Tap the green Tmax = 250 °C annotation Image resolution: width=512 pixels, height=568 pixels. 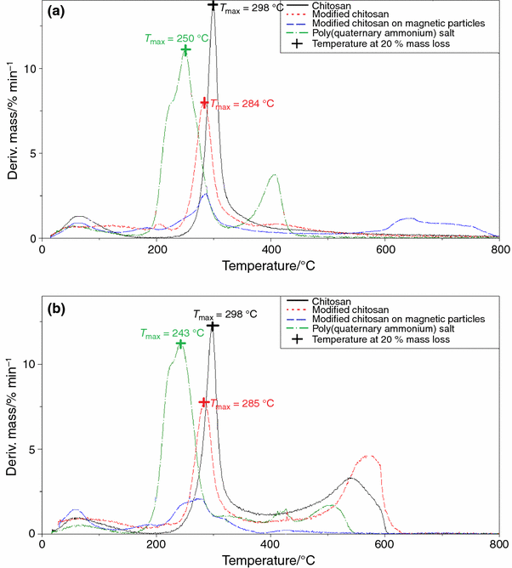174,38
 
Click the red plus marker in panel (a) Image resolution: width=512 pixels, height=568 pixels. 204,103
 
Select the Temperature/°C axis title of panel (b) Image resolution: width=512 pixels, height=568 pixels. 270,561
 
